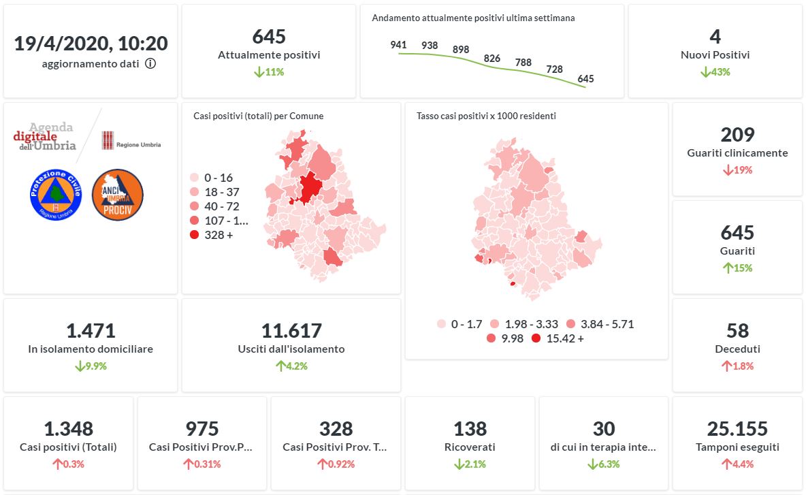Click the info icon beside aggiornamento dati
pyautogui.click(x=150, y=64)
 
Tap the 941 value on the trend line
pyautogui.click(x=398, y=45)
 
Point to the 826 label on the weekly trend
pyautogui.click(x=492, y=59)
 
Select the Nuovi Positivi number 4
pyautogui.click(x=715, y=37)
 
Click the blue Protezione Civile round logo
pyautogui.click(x=56, y=194)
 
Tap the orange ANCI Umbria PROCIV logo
pyautogui.click(x=117, y=194)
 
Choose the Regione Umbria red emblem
pyautogui.click(x=107, y=141)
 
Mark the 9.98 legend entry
pyautogui.click(x=505, y=338)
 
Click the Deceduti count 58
pyautogui.click(x=737, y=331)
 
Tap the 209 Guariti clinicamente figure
pyautogui.click(x=737, y=135)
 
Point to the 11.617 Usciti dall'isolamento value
pyautogui.click(x=291, y=331)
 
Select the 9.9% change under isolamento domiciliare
pyautogui.click(x=91, y=366)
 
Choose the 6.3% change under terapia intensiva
pyautogui.click(x=604, y=464)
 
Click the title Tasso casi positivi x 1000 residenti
pyautogui.click(x=486, y=116)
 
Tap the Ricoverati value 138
pyautogui.click(x=470, y=429)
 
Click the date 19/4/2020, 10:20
pyautogui.click(x=91, y=44)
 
